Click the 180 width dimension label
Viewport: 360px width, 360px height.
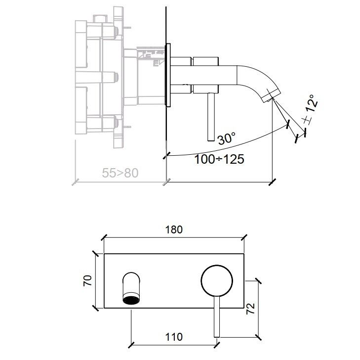click(x=174, y=229)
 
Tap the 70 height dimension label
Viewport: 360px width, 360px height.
click(x=87, y=280)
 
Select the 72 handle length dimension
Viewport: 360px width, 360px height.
click(x=250, y=309)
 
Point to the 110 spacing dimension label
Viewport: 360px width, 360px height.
click(x=174, y=337)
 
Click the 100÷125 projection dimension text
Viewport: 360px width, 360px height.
click(x=219, y=159)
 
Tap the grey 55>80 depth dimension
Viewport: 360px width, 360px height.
click(x=120, y=173)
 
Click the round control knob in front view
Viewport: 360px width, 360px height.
click(x=217, y=281)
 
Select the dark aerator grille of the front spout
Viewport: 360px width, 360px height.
click(x=131, y=300)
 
